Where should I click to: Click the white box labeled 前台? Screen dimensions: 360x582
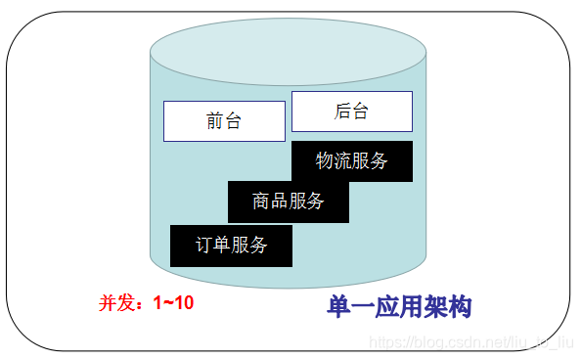point(224,121)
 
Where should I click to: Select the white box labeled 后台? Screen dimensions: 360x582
point(351,112)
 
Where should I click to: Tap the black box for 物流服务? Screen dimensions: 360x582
point(351,161)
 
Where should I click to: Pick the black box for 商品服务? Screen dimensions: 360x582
point(288,202)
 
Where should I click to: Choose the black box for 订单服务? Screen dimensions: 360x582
point(231,245)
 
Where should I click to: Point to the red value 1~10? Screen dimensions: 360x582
point(173,303)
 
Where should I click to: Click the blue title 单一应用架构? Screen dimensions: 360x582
point(399,307)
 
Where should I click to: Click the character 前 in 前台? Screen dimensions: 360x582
point(215,121)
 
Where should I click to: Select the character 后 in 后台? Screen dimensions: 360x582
point(342,112)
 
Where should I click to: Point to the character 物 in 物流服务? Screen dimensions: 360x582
point(325,161)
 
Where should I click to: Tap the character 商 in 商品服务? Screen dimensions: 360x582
point(261,202)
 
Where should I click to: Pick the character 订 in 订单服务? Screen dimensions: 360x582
point(204,245)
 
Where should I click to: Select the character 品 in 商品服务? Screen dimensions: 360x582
point(279,202)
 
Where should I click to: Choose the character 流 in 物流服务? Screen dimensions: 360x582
point(342,161)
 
